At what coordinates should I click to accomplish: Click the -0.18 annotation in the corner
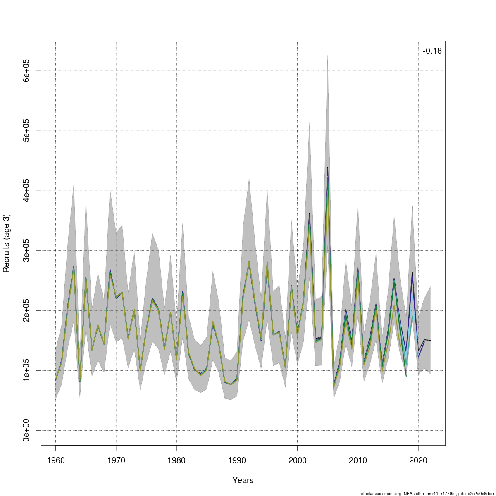pyautogui.click(x=432, y=51)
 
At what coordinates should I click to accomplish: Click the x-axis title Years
pyautogui.click(x=243, y=480)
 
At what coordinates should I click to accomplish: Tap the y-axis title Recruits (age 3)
pyautogui.click(x=7, y=243)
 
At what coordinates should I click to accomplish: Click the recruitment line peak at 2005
pyautogui.click(x=327, y=168)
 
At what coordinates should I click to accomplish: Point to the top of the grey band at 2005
pyautogui.click(x=327, y=56)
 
